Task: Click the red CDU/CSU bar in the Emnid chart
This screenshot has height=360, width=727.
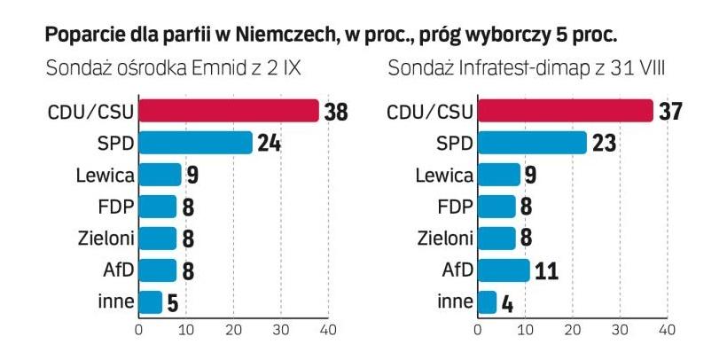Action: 229,111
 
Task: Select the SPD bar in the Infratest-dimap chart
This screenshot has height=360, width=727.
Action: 532,143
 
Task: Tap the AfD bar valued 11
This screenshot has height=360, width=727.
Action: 504,270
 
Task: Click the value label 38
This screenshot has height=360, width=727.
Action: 336,112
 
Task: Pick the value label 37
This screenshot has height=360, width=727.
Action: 668,112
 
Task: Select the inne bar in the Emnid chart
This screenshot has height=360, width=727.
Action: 151,301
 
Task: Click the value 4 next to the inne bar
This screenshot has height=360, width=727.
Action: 508,302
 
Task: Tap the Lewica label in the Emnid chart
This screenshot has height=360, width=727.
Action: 106,175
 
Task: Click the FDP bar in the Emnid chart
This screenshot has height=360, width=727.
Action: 158,207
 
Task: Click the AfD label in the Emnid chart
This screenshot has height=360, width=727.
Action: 116,270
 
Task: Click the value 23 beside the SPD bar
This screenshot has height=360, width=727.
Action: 605,144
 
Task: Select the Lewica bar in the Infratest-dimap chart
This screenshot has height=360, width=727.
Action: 499,175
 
